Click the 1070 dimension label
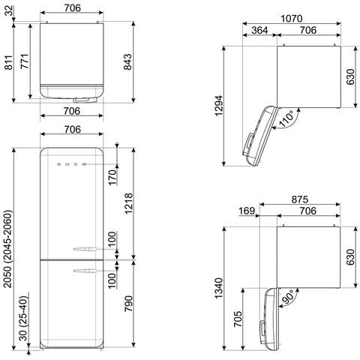pos(291,19)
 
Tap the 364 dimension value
pos(259,30)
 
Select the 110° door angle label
pos(286,119)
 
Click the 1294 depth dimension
pos(219,106)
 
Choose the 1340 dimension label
pos(219,288)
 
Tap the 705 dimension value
pos(238,319)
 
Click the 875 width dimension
pos(299,199)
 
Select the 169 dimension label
pos(247,211)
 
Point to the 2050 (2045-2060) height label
pos(8,249)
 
